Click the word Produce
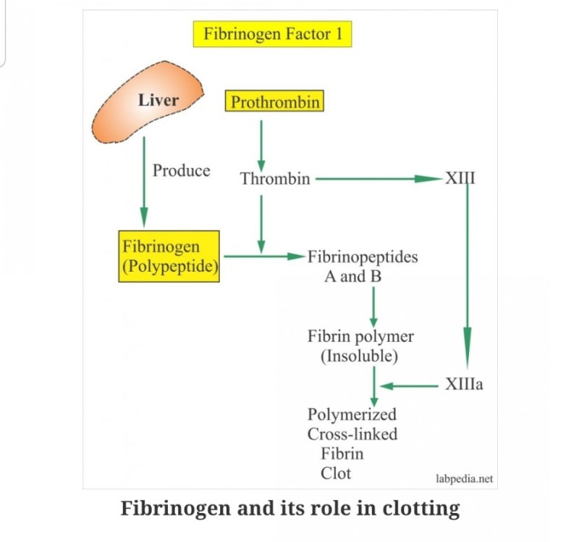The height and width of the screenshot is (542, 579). point(181,171)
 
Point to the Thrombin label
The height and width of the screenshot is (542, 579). point(274,179)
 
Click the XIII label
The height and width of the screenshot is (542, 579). point(460,178)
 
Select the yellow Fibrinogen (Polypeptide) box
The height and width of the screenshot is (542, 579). point(169,257)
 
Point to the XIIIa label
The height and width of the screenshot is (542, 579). point(465,385)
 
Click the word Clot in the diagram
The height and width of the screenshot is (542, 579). point(336,473)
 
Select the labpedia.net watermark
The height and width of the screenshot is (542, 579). point(465,479)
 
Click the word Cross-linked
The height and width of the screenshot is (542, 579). point(352,435)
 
